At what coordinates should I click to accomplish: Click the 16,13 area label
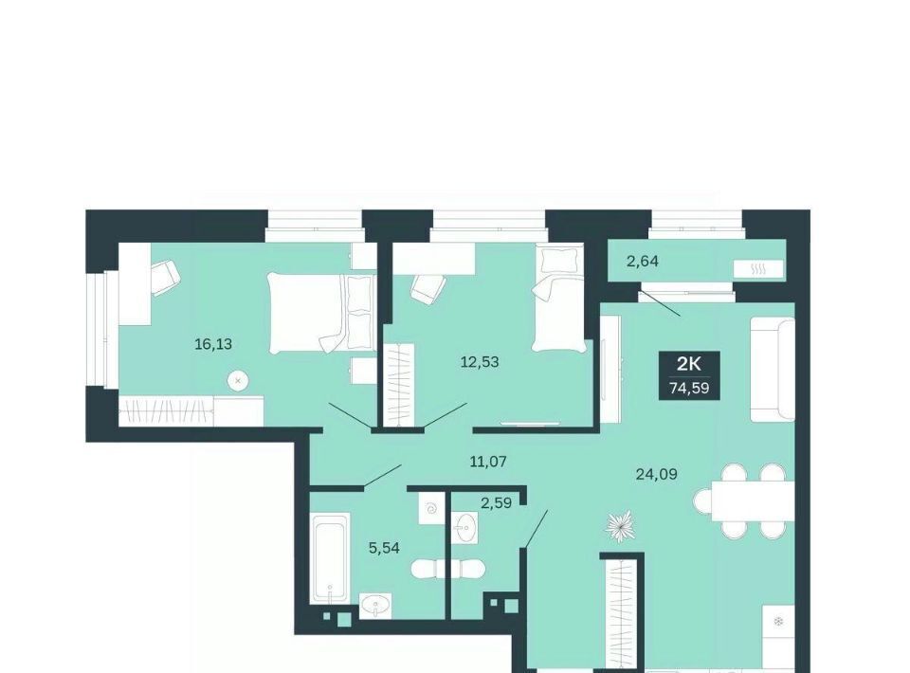click(213, 344)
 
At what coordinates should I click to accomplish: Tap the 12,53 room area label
click(480, 362)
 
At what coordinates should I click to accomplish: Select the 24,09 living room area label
click(656, 475)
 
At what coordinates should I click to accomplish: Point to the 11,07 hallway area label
click(488, 462)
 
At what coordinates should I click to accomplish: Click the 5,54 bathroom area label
click(384, 547)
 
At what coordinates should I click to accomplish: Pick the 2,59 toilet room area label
click(496, 503)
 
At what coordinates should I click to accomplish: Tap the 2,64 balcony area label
click(643, 262)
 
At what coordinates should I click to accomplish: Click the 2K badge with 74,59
click(689, 375)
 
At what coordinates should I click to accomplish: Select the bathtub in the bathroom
click(330, 557)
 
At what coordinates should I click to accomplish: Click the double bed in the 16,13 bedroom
click(320, 314)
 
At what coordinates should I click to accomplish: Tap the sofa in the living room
click(773, 369)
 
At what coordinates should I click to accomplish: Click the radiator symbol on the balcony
click(758, 269)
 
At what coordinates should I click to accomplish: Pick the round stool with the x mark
click(237, 381)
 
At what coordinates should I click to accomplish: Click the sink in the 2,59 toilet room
click(464, 528)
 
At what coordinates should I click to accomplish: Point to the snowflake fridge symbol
click(778, 622)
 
